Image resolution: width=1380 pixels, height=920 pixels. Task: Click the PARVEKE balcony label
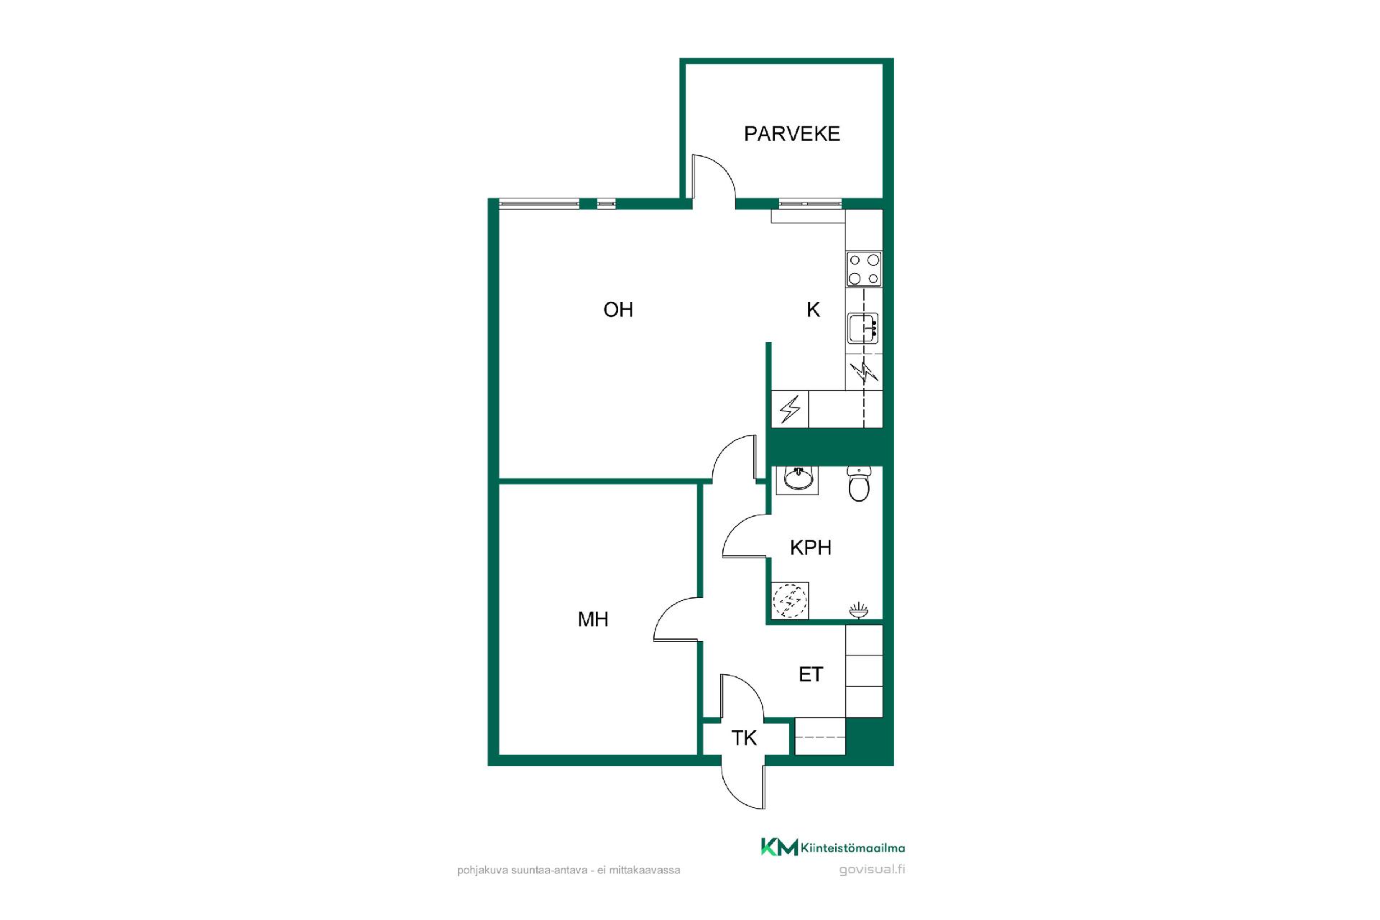point(792,134)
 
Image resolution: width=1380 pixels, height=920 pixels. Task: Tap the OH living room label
point(618,310)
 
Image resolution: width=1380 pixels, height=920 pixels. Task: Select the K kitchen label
point(813,310)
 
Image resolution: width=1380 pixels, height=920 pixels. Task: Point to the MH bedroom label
point(593,620)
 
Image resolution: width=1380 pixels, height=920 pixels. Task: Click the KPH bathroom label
point(811,548)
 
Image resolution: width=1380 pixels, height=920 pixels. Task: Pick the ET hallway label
point(811,674)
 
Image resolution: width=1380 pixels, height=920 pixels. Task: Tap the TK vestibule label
point(744,738)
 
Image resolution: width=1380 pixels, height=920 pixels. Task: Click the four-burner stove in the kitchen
point(864,270)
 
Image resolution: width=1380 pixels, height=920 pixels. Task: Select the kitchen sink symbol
point(863,328)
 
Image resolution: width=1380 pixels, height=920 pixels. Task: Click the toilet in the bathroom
point(859,482)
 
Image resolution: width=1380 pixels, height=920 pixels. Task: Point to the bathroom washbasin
point(797,478)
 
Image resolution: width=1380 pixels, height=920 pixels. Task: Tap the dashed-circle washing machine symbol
point(790,601)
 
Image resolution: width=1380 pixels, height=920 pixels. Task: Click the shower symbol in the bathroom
point(859,611)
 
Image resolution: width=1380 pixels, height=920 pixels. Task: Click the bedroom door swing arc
point(665,611)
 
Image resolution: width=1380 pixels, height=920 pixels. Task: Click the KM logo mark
point(780,848)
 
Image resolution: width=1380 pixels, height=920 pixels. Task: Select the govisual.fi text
point(872,870)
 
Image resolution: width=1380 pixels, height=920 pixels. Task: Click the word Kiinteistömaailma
point(853,849)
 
